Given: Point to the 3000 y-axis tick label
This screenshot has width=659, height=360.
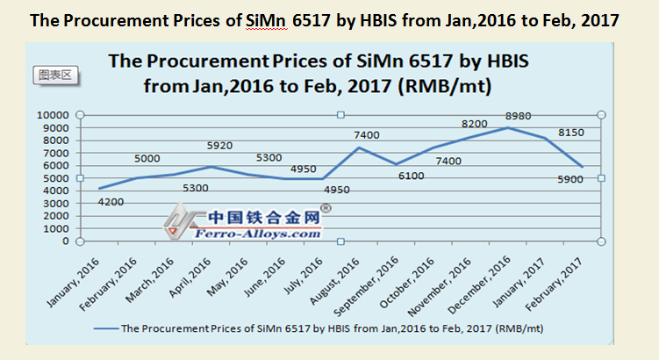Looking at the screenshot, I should coord(53,203).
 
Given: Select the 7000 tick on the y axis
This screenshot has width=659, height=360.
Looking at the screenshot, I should coord(53,153).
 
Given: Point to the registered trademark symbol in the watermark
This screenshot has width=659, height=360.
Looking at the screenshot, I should coord(325,209).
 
